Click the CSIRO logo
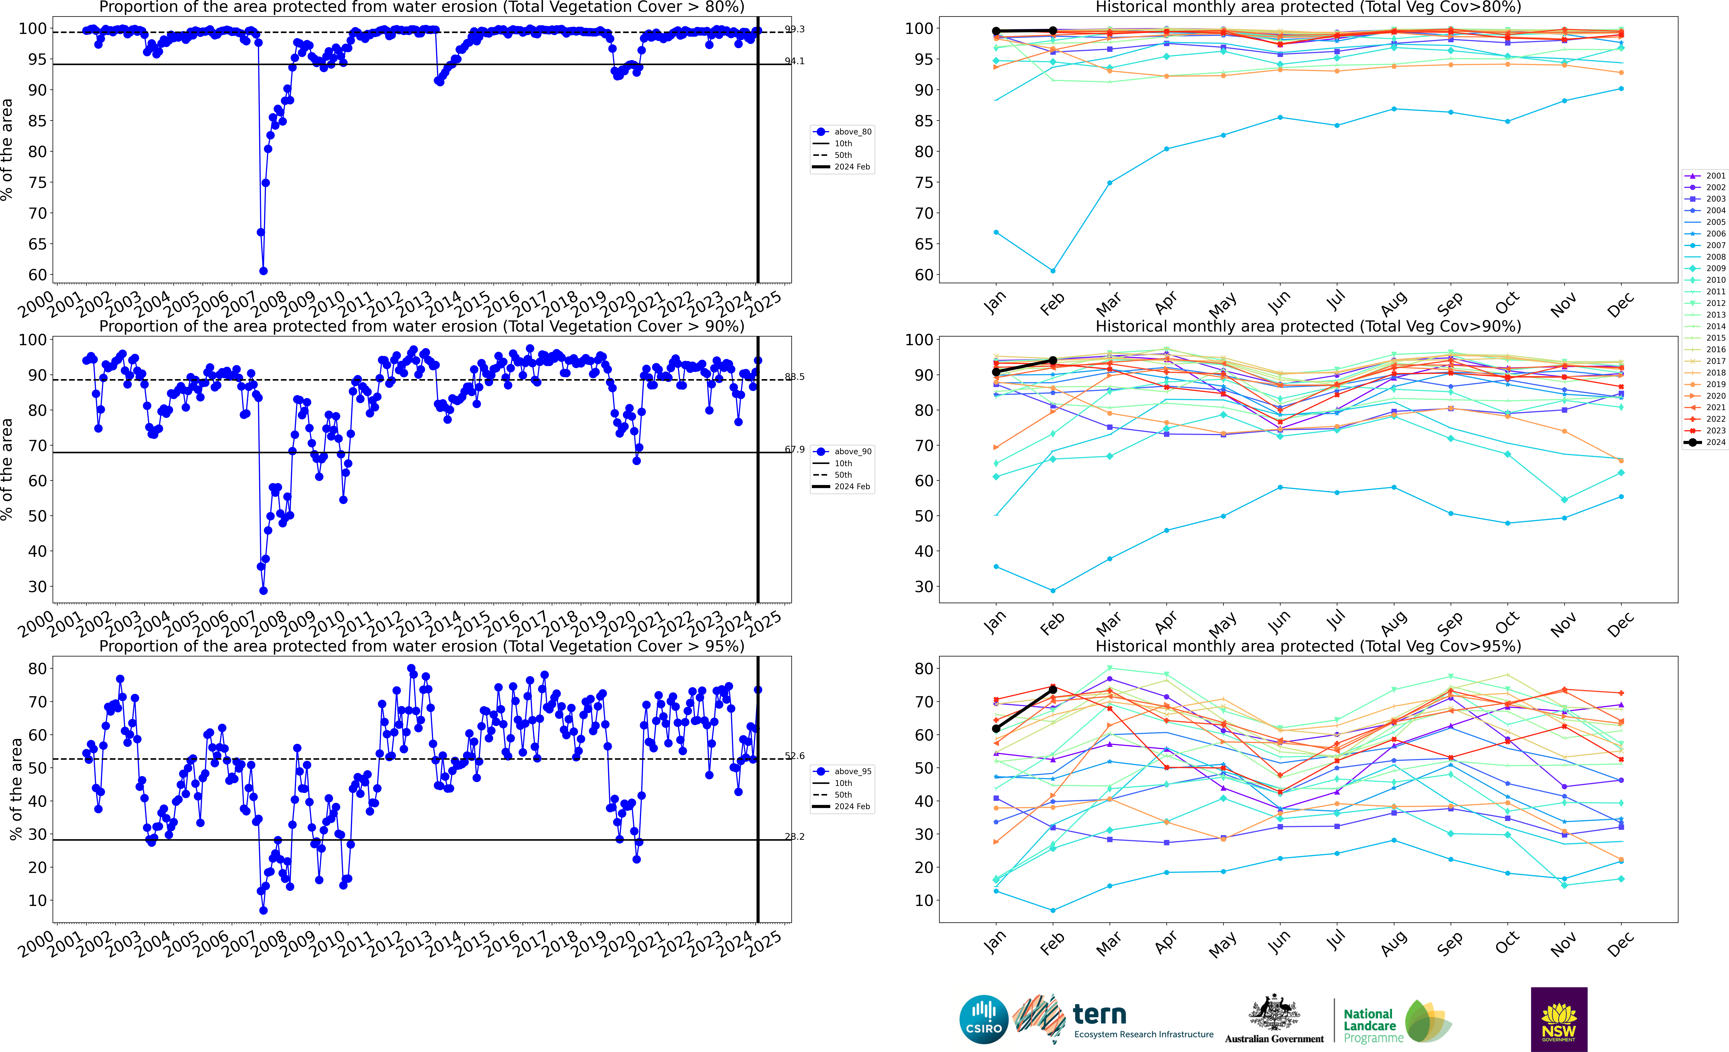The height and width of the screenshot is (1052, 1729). (x=984, y=1019)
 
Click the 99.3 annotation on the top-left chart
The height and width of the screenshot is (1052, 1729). (x=794, y=30)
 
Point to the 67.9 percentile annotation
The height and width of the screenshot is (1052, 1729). (x=794, y=450)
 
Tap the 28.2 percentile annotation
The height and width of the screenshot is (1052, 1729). (x=794, y=837)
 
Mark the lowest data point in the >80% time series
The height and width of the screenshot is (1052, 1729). (x=263, y=271)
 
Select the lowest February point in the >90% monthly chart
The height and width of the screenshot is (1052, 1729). (x=1053, y=590)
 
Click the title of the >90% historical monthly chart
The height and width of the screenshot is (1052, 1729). (x=1308, y=326)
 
